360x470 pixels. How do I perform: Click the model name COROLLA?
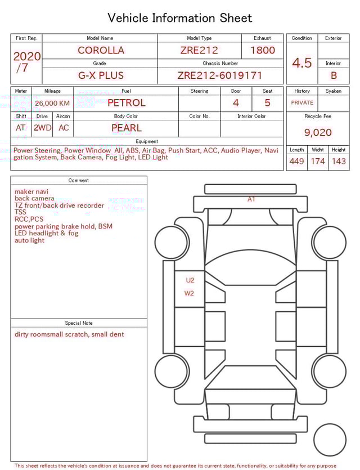pyautogui.click(x=101, y=50)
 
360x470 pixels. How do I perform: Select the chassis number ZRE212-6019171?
pyautogui.click(x=219, y=75)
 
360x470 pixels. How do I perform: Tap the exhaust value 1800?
pyautogui.click(x=262, y=50)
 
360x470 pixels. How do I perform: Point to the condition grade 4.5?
pyautogui.click(x=302, y=63)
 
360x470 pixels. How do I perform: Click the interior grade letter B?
pyautogui.click(x=334, y=75)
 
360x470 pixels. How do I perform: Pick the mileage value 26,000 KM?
pyautogui.click(x=52, y=103)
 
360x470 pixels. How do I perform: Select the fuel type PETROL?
pyautogui.click(x=126, y=103)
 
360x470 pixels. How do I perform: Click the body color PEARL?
pyautogui.click(x=126, y=128)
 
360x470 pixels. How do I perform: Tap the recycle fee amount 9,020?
pyautogui.click(x=318, y=133)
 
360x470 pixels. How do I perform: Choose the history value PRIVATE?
pyautogui.click(x=302, y=103)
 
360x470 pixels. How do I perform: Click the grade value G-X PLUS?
pyautogui.click(x=101, y=75)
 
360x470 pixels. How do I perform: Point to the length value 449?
pyautogui.click(x=296, y=162)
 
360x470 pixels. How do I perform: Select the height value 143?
pyautogui.click(x=339, y=162)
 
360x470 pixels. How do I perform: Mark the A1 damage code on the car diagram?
pyautogui.click(x=251, y=199)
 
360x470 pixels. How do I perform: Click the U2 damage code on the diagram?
pyautogui.click(x=190, y=280)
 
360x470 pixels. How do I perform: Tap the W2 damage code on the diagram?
pyautogui.click(x=189, y=293)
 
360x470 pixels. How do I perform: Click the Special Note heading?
pyautogui.click(x=79, y=323)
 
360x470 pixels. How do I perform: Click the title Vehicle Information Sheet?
pyautogui.click(x=180, y=18)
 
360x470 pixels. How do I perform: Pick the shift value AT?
pyautogui.click(x=21, y=128)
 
